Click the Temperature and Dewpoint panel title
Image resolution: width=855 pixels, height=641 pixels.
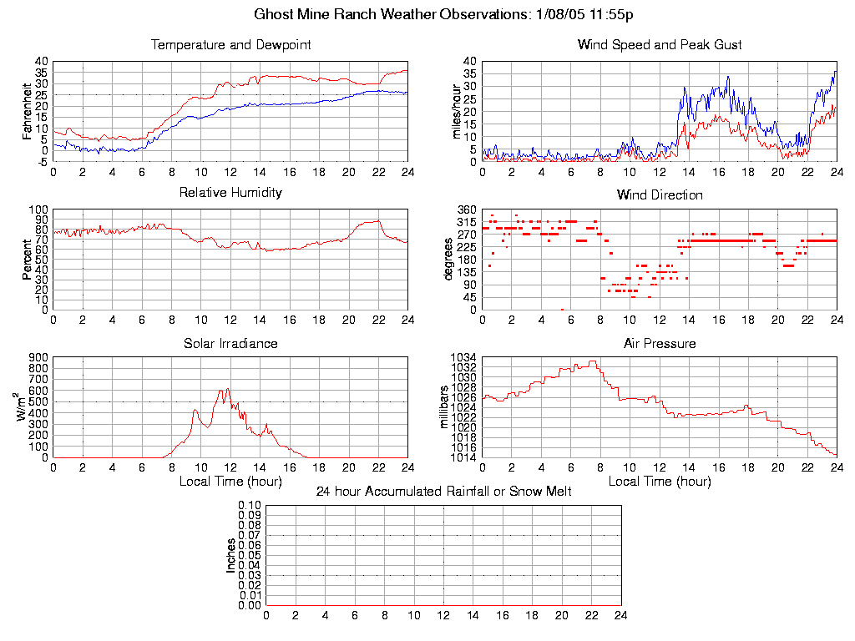(x=230, y=44)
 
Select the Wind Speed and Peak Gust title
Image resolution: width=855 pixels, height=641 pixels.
(x=660, y=44)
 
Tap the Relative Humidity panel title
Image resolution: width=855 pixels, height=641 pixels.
(x=230, y=193)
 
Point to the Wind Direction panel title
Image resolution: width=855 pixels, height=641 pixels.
(x=660, y=194)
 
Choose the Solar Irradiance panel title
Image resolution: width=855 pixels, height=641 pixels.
(x=230, y=343)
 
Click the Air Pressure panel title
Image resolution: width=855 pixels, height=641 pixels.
(x=660, y=343)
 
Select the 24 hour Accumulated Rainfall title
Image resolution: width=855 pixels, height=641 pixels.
(x=443, y=492)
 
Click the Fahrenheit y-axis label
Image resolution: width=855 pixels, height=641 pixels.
(x=27, y=111)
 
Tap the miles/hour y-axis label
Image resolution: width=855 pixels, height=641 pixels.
(x=456, y=111)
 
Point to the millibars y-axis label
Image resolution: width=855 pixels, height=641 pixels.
(x=444, y=407)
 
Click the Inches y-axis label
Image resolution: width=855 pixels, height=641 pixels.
(x=230, y=555)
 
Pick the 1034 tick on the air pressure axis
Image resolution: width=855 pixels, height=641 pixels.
(x=464, y=358)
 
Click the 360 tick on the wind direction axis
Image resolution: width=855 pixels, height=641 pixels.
(x=467, y=209)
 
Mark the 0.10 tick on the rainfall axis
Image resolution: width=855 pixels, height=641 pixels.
(x=250, y=506)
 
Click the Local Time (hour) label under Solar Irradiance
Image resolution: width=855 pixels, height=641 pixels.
(x=230, y=481)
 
